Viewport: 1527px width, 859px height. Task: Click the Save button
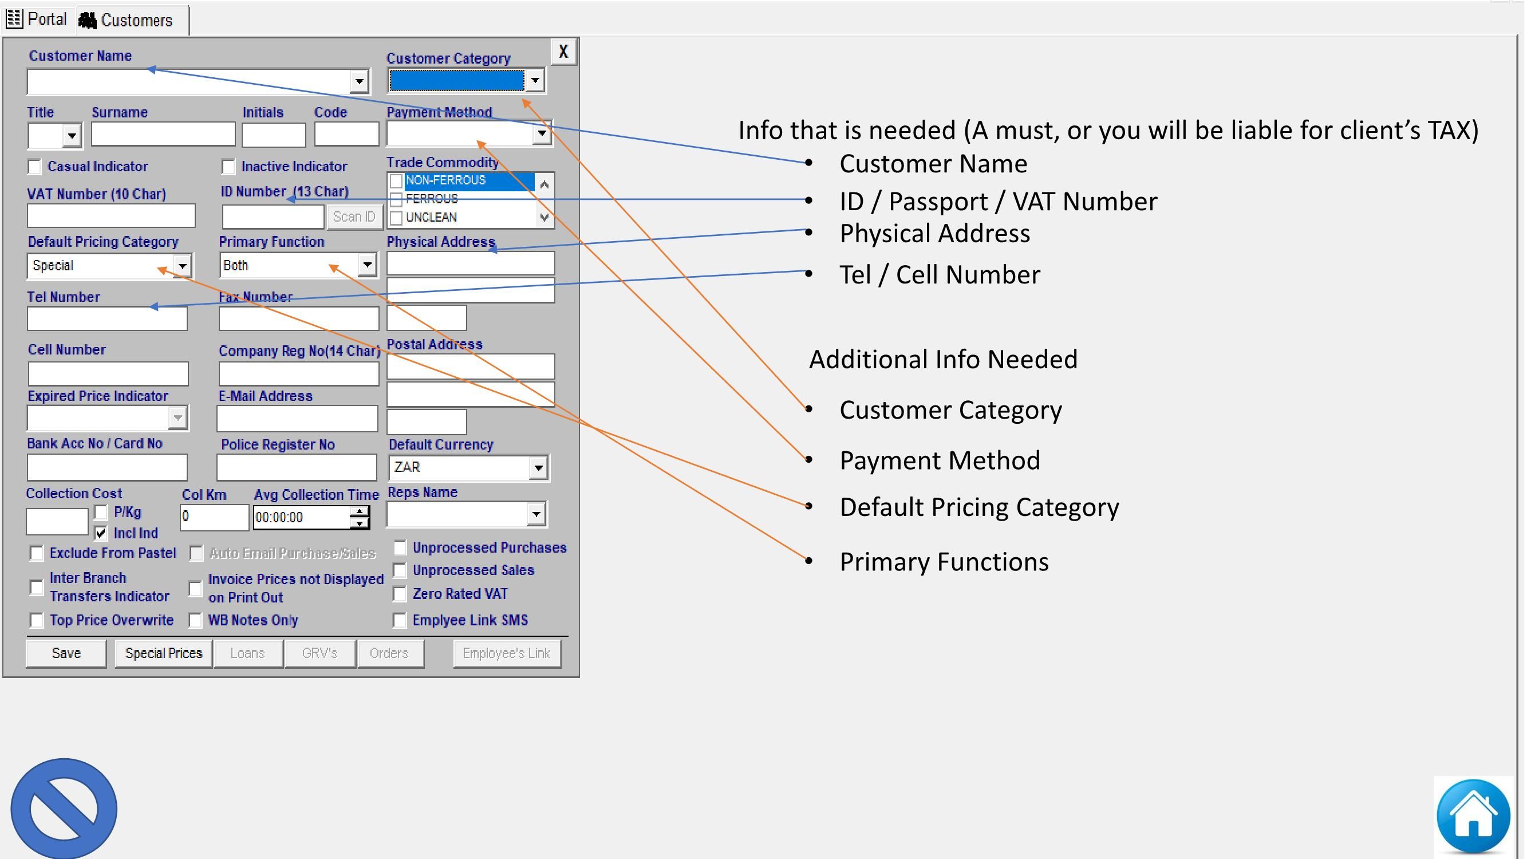coord(66,653)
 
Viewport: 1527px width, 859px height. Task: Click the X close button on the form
coord(563,52)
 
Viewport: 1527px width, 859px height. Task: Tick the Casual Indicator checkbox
coord(34,167)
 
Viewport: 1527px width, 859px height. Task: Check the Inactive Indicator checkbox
coord(228,167)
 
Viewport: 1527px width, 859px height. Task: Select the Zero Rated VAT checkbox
coord(400,594)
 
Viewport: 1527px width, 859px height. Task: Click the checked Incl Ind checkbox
coord(101,533)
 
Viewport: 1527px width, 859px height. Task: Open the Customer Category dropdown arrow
coord(535,80)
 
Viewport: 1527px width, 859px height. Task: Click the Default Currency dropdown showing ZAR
coord(468,467)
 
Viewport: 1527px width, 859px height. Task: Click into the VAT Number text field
coord(111,216)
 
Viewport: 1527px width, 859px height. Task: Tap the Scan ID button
coord(354,216)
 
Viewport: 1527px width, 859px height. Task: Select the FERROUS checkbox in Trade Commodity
coord(397,199)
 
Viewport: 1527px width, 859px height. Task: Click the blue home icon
coord(1473,815)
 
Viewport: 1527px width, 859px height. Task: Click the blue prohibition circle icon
coord(64,809)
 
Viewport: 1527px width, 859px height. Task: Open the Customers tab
coord(128,20)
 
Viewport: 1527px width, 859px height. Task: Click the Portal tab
coord(37,19)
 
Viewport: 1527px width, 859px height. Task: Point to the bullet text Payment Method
coord(939,460)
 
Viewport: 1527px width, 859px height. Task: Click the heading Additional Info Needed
coord(942,359)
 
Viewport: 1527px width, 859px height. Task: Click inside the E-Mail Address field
coord(297,419)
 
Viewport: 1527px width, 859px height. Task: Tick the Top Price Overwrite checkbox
coord(37,621)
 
